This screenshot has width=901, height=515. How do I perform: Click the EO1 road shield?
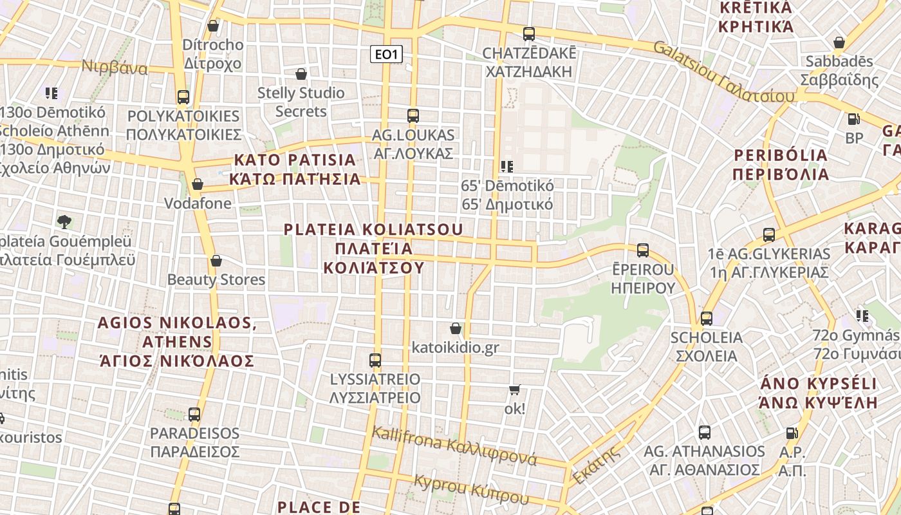pos(386,54)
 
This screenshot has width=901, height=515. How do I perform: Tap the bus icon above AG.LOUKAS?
pos(413,116)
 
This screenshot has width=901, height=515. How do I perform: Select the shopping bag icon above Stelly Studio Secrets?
pos(301,74)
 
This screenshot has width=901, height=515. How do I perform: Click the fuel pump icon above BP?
pos(853,119)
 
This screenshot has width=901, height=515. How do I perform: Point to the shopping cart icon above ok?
pos(514,389)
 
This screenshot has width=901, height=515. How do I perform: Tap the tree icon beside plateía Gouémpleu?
pos(64,222)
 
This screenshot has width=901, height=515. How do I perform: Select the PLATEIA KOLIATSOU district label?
pos(374,248)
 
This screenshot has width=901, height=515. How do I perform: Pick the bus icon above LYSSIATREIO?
pos(375,360)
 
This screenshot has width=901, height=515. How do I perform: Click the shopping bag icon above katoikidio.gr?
pos(456,328)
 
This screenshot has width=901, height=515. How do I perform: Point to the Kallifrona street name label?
pos(454,445)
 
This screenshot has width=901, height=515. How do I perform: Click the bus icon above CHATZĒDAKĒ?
pos(529,33)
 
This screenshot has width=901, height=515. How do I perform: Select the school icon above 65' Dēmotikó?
pos(507,167)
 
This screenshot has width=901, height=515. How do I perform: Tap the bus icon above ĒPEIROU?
pos(642,250)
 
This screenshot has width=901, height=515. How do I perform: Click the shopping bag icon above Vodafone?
pos(198,184)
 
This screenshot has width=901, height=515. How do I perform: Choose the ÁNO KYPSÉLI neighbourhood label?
pos(818,393)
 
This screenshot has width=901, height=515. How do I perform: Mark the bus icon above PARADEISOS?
pos(194,415)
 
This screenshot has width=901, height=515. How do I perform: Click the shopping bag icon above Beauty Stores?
pos(216,261)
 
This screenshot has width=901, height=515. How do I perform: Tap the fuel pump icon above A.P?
pos(792,434)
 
